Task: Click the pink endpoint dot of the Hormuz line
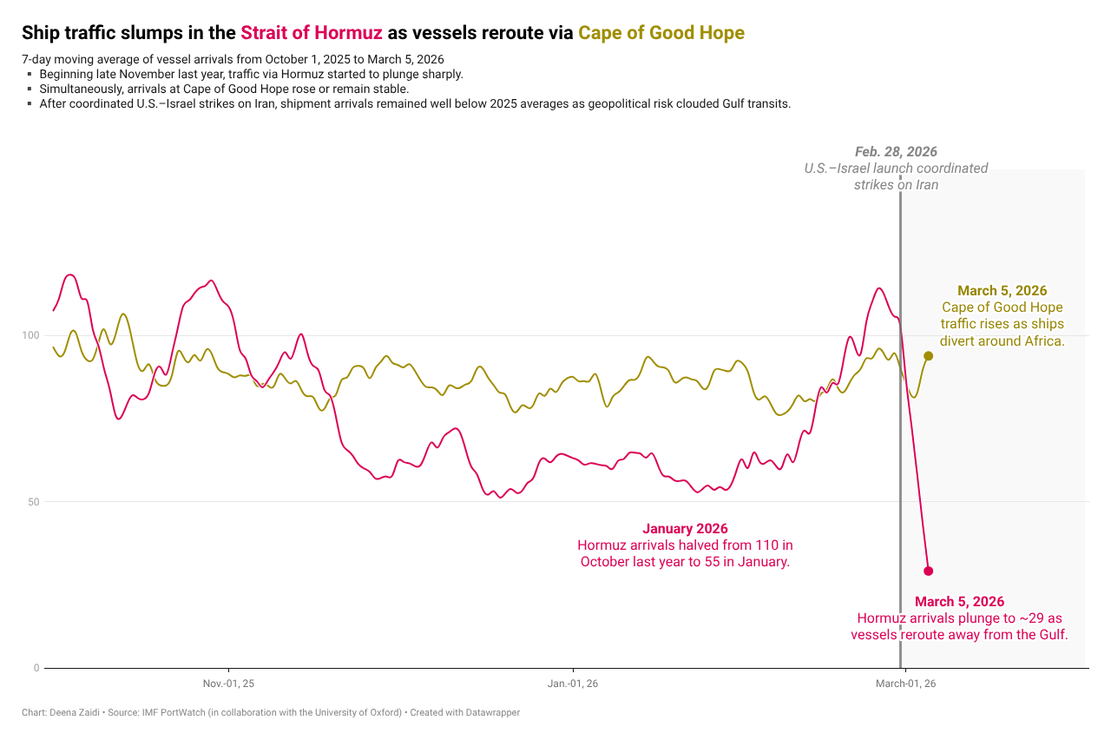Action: click(928, 571)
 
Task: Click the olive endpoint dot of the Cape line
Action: click(928, 356)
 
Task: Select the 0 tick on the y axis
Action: click(36, 668)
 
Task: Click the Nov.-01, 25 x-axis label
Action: click(228, 684)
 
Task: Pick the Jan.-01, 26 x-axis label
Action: click(572, 684)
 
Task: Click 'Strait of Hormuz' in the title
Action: click(311, 33)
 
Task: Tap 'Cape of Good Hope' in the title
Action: click(661, 33)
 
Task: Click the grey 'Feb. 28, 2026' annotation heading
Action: click(896, 152)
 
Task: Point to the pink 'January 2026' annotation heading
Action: click(685, 529)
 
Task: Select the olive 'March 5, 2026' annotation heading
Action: click(1002, 291)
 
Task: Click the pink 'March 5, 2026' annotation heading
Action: click(959, 602)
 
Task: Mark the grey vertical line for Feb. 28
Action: click(900, 434)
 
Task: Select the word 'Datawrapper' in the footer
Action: click(494, 713)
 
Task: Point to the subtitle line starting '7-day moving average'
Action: click(233, 60)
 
